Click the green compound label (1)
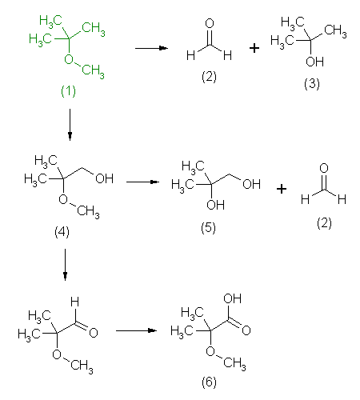coord(68,91)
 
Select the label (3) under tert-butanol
coord(312,84)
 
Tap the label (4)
coord(62,231)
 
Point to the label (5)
coord(208,228)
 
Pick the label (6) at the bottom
coord(209,382)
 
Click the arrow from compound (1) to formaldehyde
coord(151,48)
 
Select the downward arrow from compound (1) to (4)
coord(70,125)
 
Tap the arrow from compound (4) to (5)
coord(142,182)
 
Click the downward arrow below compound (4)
coord(65,265)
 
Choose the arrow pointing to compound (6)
coord(136,330)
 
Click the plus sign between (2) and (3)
coord(254,48)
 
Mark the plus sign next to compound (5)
coord(282,189)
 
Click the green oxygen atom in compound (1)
coord(69,59)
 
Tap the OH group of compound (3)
coord(314,62)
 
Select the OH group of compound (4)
coord(104,178)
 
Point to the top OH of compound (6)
coord(233,298)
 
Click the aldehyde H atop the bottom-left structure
coord(75,302)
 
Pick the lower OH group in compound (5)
coord(215,205)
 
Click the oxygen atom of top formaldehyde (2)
coord(210,23)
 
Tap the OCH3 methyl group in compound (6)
coord(234,363)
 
